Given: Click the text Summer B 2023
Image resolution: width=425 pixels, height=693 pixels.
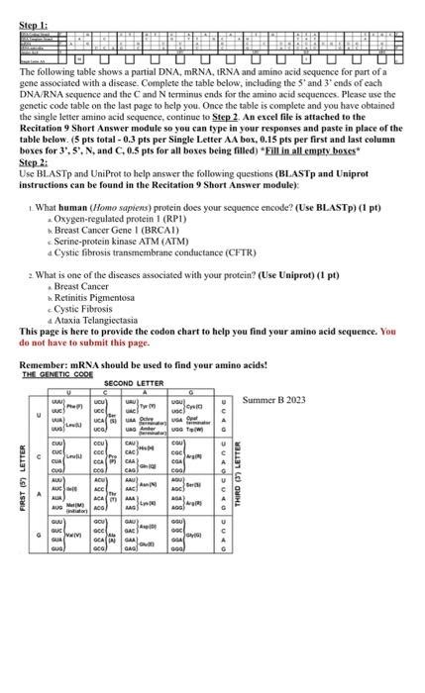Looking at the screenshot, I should (x=273, y=400).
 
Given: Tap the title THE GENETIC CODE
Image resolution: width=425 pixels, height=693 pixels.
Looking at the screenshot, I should (x=56, y=374).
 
